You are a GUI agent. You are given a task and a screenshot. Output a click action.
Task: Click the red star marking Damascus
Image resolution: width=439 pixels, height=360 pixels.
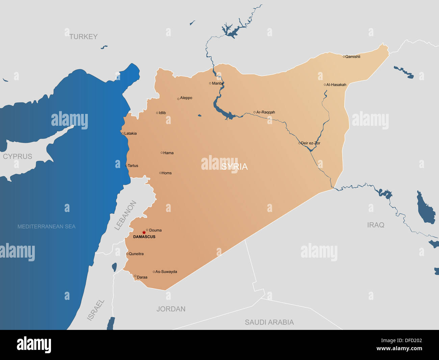[x=144, y=233]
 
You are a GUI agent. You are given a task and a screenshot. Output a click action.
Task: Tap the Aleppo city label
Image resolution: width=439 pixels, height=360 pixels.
[x=186, y=98]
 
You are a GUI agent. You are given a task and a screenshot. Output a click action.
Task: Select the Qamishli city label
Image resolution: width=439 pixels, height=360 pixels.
[x=353, y=57]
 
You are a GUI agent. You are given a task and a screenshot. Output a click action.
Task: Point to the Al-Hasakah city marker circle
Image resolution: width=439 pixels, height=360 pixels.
[x=325, y=85]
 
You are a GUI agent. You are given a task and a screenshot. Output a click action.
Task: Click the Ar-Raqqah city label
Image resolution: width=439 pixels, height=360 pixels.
[x=265, y=112]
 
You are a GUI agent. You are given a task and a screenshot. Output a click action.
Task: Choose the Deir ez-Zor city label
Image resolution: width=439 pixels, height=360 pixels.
[x=310, y=143]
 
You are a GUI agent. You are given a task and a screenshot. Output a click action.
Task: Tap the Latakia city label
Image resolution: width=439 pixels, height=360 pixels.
[x=130, y=134]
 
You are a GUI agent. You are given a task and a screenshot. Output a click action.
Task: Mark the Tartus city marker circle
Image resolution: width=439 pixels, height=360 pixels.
[x=126, y=166]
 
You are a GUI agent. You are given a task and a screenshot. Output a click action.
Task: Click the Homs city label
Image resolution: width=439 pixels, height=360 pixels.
[x=166, y=173]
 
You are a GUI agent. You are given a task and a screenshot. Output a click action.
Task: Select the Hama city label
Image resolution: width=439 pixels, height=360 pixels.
[x=168, y=153]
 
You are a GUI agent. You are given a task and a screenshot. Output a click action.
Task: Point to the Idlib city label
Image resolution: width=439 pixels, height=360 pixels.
[x=162, y=113]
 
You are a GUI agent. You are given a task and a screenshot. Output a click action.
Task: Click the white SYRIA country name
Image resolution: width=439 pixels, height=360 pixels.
[x=235, y=166]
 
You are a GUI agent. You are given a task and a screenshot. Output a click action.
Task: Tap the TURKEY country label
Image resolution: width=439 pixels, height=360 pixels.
[x=83, y=37]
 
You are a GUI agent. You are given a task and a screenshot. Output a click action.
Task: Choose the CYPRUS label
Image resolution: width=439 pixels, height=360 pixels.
[x=18, y=157]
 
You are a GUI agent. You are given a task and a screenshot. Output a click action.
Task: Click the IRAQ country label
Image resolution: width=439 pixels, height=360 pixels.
[x=376, y=225]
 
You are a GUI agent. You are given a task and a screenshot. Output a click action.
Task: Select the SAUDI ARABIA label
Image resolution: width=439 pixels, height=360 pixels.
[x=269, y=322]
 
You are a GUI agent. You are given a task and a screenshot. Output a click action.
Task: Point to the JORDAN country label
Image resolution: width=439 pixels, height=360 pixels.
[x=171, y=309]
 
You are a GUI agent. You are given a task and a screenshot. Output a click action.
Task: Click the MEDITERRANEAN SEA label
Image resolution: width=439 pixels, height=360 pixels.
[x=46, y=226]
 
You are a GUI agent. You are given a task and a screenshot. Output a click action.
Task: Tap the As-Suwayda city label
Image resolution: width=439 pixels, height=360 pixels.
[x=166, y=272]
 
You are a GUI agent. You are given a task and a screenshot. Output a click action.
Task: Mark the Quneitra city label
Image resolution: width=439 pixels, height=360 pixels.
[x=136, y=254]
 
